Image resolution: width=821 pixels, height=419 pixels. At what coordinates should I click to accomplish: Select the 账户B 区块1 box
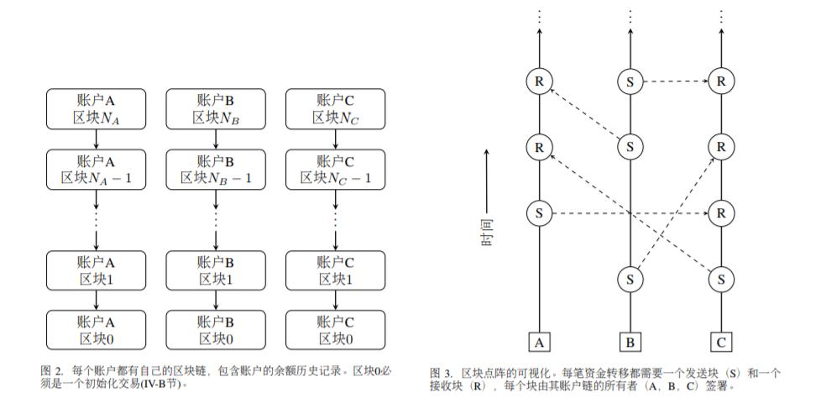(x=217, y=270)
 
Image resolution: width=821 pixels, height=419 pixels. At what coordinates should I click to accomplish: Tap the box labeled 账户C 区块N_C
(x=335, y=110)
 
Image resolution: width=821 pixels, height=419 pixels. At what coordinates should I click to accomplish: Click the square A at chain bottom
(x=539, y=342)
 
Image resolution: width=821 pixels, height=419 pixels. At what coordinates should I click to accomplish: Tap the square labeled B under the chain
(x=630, y=342)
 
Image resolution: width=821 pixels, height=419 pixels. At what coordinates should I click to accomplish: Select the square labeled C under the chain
(x=720, y=342)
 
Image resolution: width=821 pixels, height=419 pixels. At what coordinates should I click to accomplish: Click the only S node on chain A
(x=539, y=213)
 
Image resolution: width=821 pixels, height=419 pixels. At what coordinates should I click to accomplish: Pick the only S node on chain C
(x=720, y=278)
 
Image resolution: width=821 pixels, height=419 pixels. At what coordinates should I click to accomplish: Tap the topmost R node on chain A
(x=539, y=81)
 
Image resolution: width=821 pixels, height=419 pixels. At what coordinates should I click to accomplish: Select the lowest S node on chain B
(x=630, y=278)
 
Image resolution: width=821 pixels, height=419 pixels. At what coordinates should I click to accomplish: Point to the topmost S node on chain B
(x=630, y=81)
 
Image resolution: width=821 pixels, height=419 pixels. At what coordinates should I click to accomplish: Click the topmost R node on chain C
(x=720, y=81)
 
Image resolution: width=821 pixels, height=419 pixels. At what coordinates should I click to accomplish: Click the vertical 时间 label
(x=486, y=228)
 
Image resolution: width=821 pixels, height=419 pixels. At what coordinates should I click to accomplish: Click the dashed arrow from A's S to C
(x=630, y=213)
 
